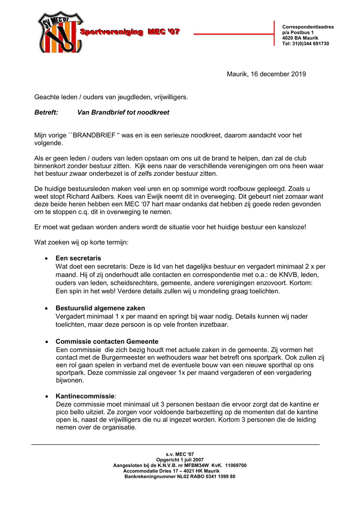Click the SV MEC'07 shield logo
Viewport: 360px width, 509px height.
59,32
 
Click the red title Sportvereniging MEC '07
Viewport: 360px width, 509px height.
130,32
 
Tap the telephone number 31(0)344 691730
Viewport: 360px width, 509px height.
310,44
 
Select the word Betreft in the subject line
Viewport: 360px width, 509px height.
46,112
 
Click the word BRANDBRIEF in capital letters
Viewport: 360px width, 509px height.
94,135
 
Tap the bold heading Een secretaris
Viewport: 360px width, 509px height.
78,258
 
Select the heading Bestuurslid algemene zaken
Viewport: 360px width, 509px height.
100,308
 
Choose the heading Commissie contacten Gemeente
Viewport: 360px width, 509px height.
107,342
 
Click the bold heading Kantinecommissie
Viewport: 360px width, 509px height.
85,396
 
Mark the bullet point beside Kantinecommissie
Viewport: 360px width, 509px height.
47,397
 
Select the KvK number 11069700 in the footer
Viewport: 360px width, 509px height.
236,465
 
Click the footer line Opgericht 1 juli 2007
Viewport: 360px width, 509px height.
180,460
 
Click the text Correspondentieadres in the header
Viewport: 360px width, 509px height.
308,27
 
